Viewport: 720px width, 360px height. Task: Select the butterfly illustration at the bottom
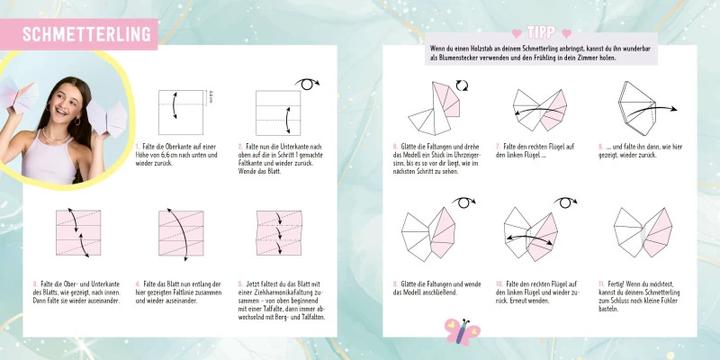(x=461, y=330)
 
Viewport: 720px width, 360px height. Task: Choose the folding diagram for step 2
(x=278, y=112)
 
